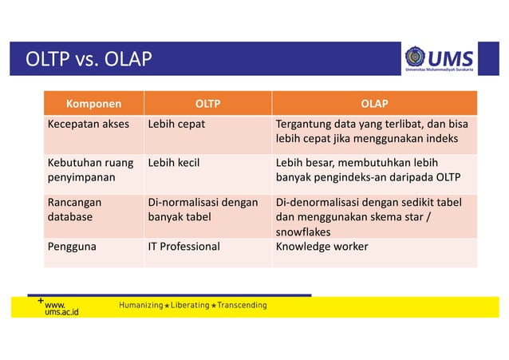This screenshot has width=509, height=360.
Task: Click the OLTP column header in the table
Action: pos(207,103)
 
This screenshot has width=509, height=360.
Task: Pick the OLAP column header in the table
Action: pos(374,103)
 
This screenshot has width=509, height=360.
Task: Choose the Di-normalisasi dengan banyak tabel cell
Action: pos(203,209)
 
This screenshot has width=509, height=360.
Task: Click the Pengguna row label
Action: pos(72,247)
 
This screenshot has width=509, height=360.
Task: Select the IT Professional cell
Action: pos(183,247)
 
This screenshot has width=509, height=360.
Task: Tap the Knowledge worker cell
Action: pos(322,247)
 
